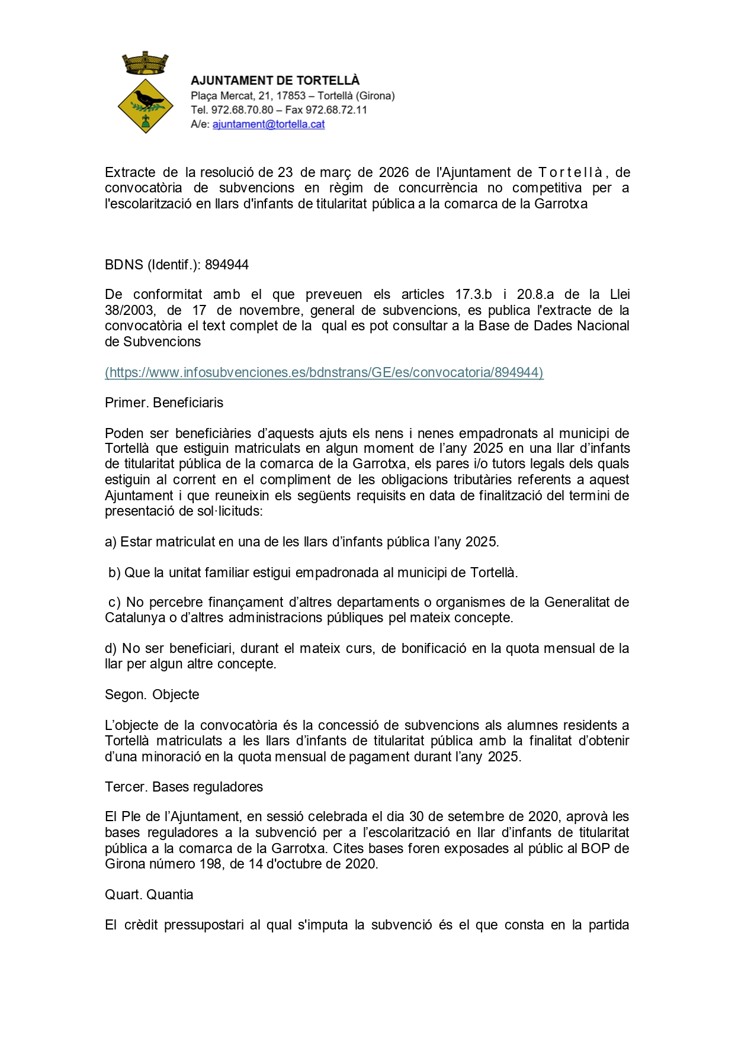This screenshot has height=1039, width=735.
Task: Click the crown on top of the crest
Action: tap(145, 63)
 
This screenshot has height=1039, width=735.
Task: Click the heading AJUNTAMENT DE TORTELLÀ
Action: tap(275, 81)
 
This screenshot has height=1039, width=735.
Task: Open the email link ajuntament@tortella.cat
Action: tap(268, 124)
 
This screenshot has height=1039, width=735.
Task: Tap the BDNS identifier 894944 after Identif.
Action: tap(227, 265)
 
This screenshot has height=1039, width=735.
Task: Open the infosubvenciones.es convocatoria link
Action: tap(324, 372)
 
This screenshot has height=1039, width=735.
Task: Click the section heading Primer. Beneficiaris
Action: tap(164, 403)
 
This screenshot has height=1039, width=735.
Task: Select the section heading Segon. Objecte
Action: tap(152, 694)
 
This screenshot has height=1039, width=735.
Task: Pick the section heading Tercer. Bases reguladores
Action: tap(184, 787)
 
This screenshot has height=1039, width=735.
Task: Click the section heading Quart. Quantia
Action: tap(149, 895)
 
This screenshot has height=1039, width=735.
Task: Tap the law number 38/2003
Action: tap(130, 310)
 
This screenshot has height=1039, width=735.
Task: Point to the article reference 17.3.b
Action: tap(473, 295)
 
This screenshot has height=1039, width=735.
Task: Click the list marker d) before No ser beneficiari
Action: tap(111, 648)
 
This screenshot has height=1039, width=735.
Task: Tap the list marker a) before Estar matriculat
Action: tap(111, 542)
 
